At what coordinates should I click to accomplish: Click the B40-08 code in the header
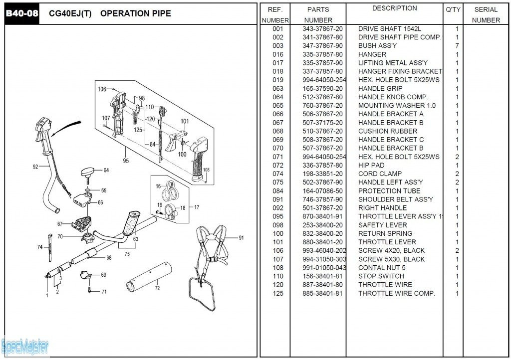21,13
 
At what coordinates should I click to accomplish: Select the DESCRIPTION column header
394,8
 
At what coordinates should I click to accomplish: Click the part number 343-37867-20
322,29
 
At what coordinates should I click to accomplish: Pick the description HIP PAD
371,165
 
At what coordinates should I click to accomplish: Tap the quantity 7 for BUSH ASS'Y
457,46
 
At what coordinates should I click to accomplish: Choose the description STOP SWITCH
381,276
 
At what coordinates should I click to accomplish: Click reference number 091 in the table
278,199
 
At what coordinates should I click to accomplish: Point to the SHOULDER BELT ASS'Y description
395,199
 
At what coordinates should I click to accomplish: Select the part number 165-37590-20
322,88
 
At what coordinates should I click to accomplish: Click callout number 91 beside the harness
241,238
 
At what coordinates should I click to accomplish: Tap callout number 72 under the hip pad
157,288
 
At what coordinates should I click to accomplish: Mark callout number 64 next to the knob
106,170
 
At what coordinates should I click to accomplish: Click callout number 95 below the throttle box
125,161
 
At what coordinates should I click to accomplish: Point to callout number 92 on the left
35,167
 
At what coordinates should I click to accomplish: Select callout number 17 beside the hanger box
197,207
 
